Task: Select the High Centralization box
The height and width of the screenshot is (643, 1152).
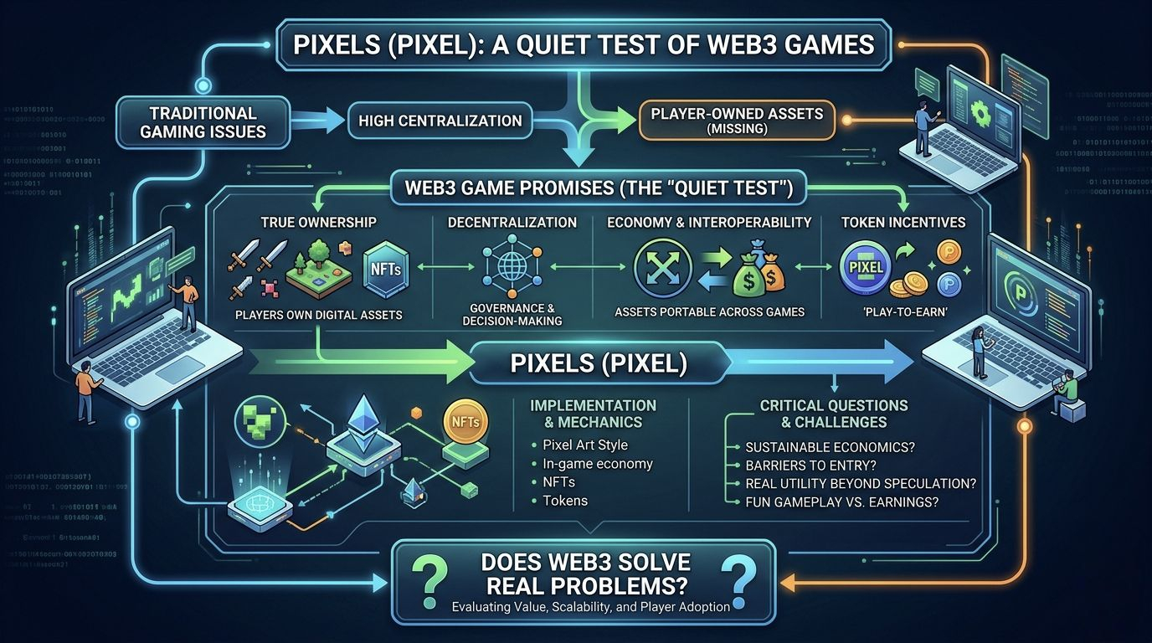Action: tap(440, 121)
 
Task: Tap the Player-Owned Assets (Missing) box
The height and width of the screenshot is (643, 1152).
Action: tap(737, 121)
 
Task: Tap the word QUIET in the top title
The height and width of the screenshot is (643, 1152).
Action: tap(559, 44)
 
